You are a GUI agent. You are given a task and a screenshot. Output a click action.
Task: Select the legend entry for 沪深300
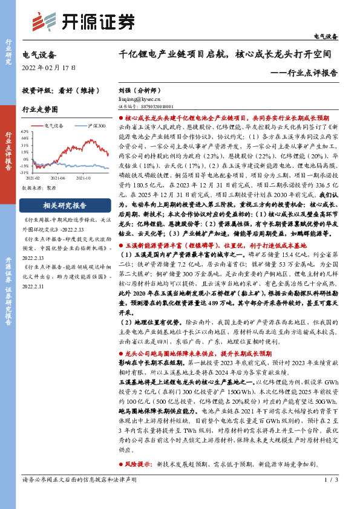(96, 126)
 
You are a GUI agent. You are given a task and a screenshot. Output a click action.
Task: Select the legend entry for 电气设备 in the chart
(56, 126)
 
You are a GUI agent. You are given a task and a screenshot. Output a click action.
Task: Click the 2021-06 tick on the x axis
(59, 178)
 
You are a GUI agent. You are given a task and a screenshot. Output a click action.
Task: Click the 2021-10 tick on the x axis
(83, 178)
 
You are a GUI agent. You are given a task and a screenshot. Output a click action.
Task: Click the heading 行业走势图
(40, 109)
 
